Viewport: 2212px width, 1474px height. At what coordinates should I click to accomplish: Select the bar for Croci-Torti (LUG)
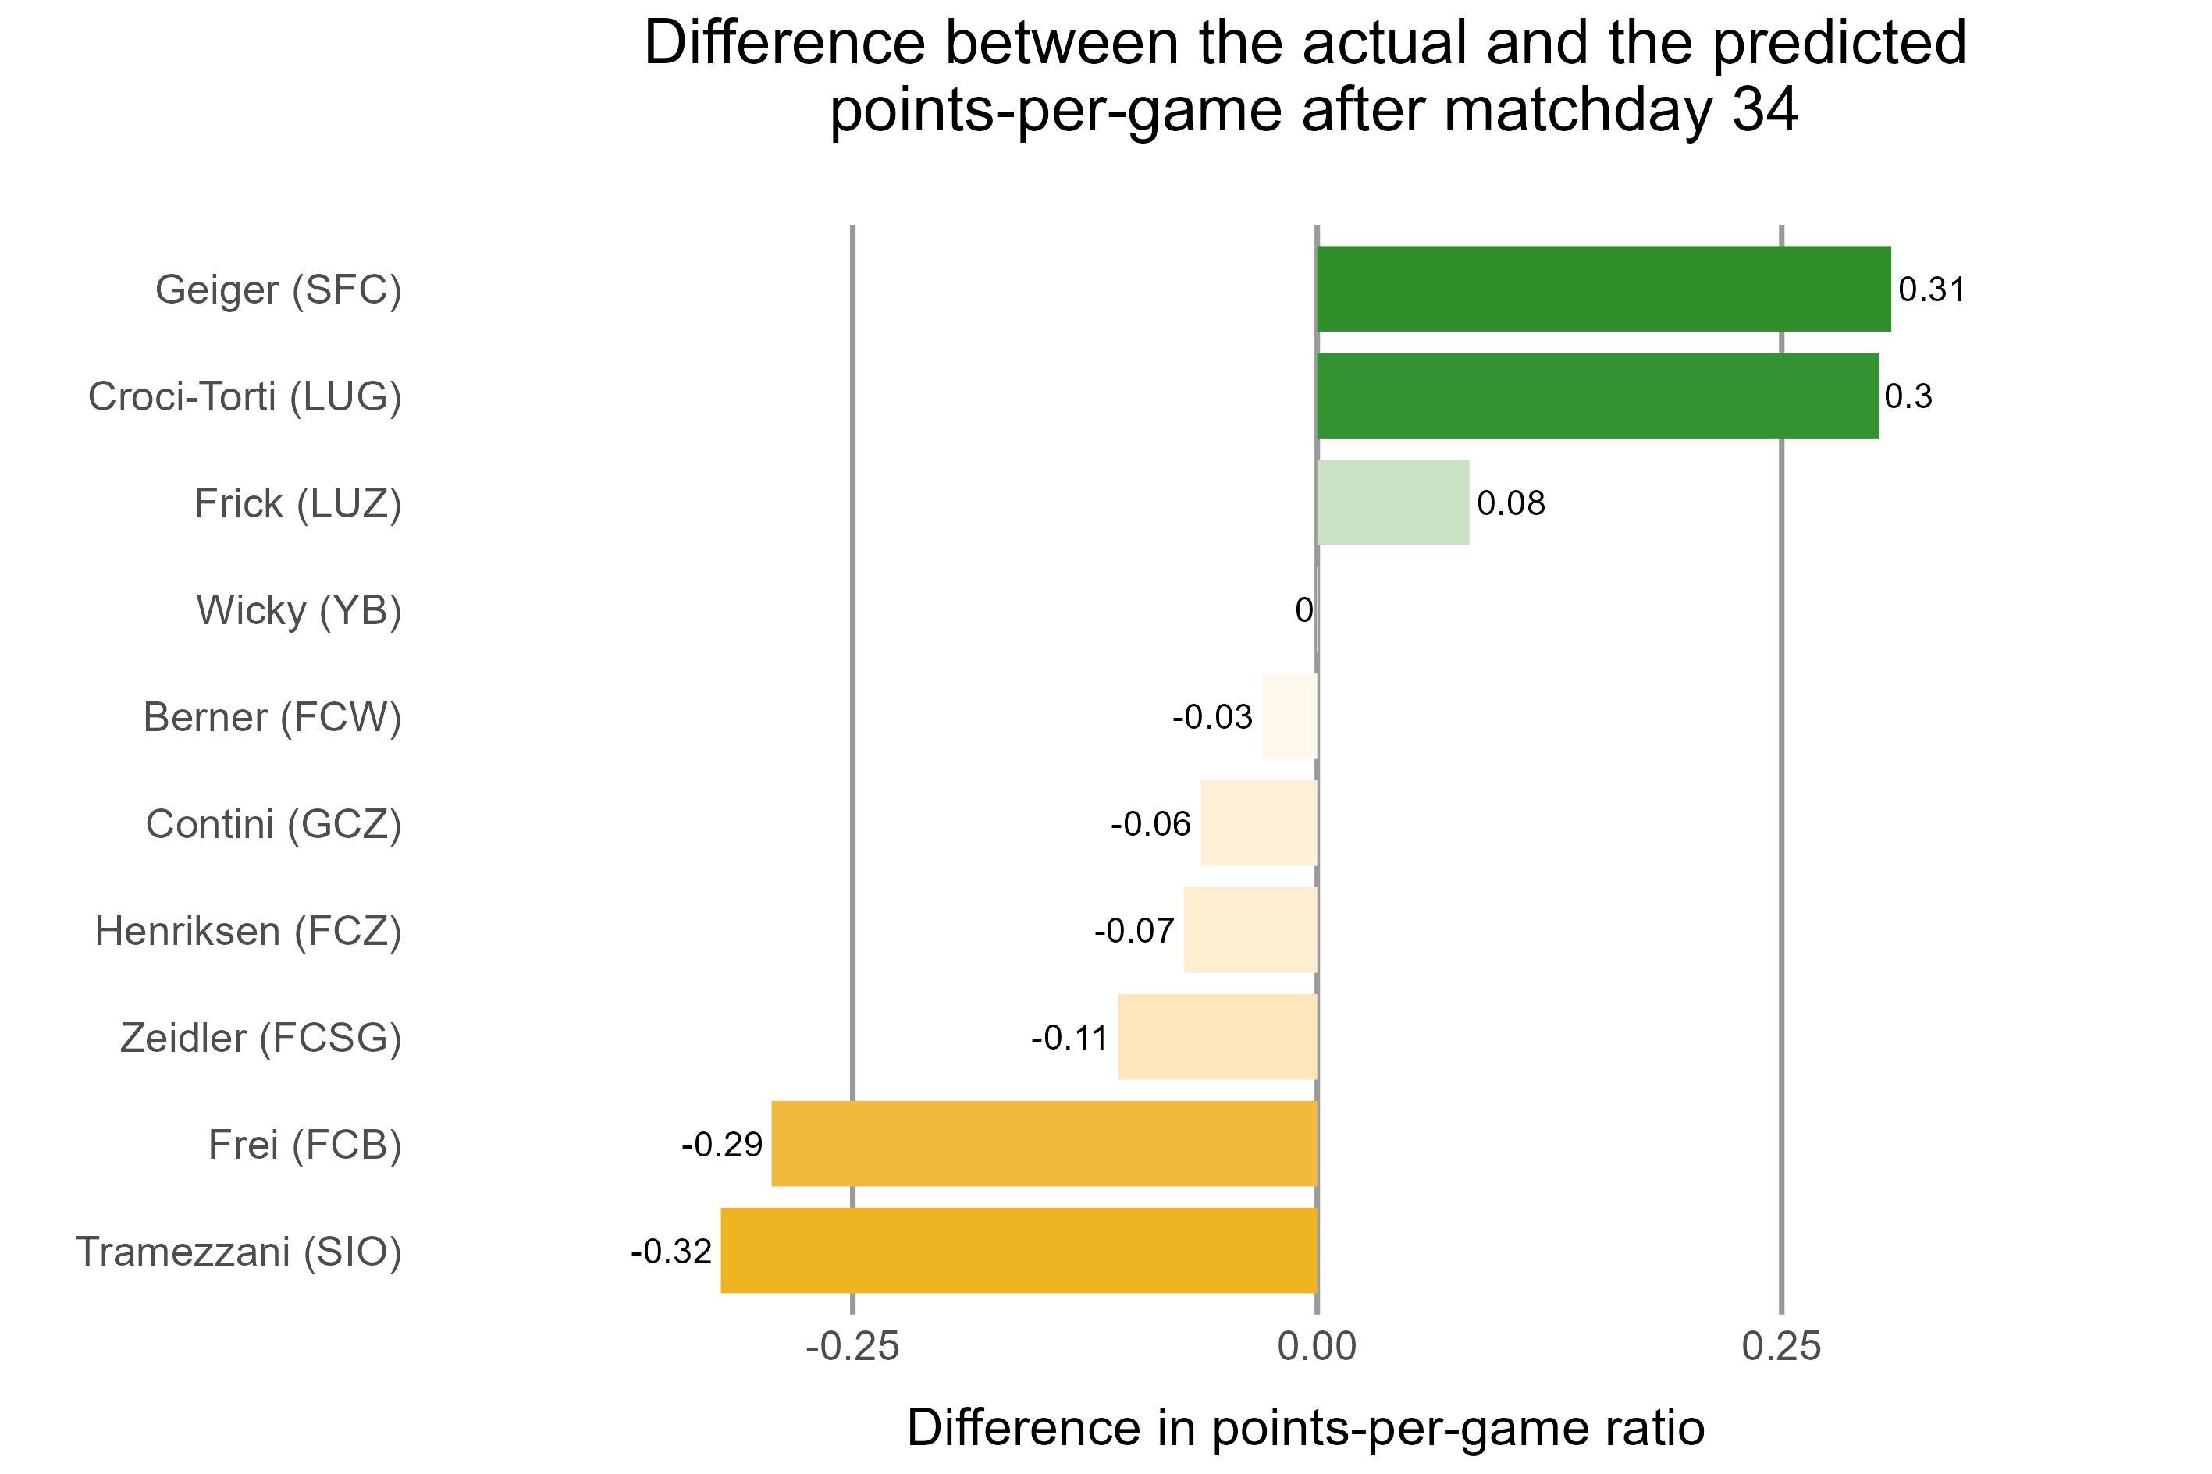1596,396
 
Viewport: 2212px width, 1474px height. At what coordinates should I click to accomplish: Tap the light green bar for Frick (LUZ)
1392,503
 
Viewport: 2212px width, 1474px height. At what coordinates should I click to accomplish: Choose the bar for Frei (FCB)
1044,1143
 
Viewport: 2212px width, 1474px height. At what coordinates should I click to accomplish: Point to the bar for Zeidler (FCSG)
1217,1037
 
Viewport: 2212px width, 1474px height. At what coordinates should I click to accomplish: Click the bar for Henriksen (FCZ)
1250,929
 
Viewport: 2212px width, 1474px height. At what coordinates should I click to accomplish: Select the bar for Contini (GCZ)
1258,822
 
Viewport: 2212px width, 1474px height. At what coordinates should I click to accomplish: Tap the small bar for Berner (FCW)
1289,716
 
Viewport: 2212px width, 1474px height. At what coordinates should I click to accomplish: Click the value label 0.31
1931,289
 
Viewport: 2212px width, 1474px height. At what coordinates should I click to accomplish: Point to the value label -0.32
670,1251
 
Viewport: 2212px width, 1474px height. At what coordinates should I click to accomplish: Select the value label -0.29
721,1144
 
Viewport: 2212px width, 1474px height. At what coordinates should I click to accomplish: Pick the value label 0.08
1510,504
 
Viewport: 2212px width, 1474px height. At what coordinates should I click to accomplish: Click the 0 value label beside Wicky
1303,610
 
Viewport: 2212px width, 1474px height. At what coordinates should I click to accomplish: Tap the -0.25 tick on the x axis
852,1347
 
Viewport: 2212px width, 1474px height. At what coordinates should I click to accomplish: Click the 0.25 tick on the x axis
1780,1347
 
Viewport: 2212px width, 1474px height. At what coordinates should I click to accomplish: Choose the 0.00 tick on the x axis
1316,1347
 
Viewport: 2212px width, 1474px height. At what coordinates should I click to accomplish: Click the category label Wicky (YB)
298,610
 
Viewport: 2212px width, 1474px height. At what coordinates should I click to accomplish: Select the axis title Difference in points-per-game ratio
1305,1428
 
